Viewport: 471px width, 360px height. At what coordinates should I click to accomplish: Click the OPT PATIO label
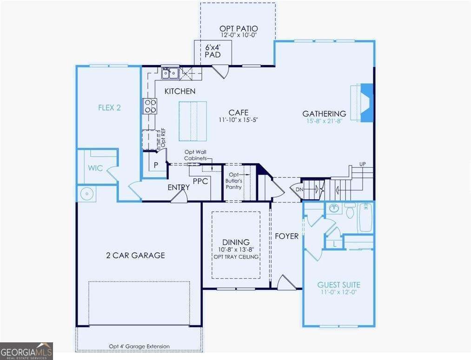click(x=238, y=28)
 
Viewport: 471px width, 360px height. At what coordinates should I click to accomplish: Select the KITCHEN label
click(x=180, y=92)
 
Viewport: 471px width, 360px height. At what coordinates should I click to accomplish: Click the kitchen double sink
click(x=171, y=73)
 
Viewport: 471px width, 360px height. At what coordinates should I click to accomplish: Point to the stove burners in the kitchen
click(x=150, y=106)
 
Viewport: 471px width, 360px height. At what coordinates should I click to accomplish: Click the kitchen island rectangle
click(x=192, y=121)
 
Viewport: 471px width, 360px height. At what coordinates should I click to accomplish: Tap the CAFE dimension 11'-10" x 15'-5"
click(x=238, y=120)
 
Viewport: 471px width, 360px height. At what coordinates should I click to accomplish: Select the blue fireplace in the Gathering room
click(x=367, y=103)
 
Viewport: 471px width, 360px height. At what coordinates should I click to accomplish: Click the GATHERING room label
click(x=324, y=113)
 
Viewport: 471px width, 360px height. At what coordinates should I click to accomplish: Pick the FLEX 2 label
click(x=109, y=108)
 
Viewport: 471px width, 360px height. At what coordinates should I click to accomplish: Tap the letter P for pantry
click(x=156, y=165)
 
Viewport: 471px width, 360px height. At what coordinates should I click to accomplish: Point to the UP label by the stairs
click(x=363, y=164)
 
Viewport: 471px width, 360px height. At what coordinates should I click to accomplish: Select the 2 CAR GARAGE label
click(x=135, y=255)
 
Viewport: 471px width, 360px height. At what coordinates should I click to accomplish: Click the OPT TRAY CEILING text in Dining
click(x=236, y=257)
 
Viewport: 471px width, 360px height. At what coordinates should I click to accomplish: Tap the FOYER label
click(x=286, y=236)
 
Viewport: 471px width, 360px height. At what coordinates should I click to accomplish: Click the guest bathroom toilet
click(x=351, y=210)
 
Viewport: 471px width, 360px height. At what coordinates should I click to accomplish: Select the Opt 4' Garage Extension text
click(x=139, y=346)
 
